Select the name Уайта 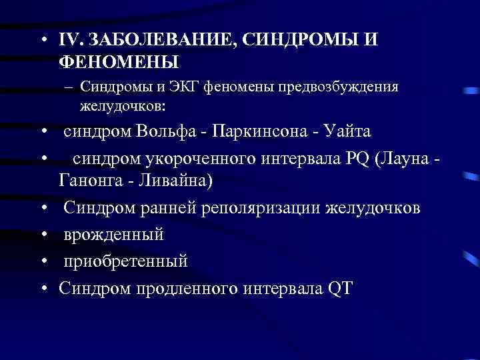click(x=346, y=131)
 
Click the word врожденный click(x=114, y=235)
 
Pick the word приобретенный click(x=126, y=261)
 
